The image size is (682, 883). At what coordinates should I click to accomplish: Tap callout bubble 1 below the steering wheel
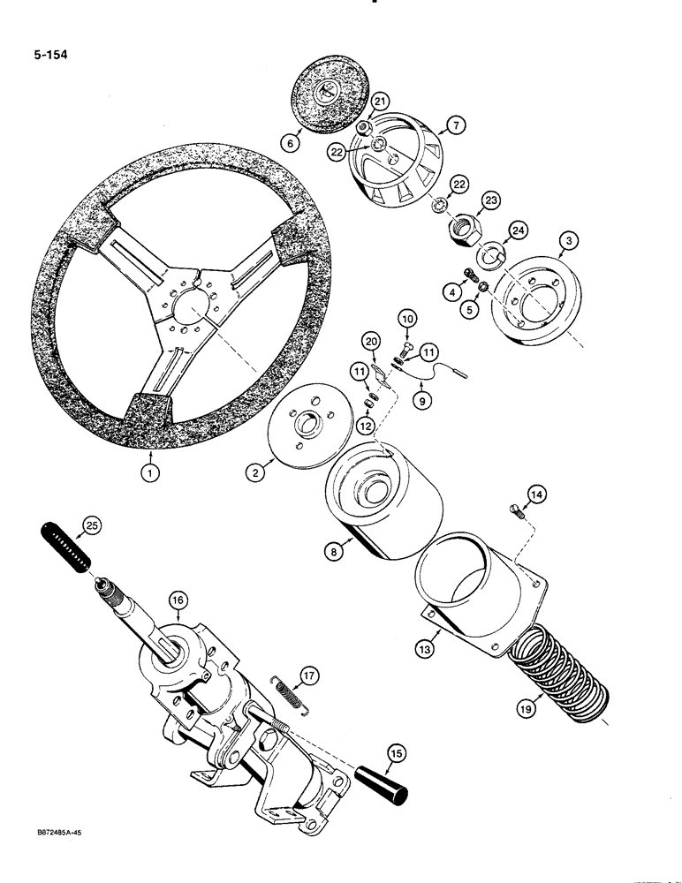(x=152, y=472)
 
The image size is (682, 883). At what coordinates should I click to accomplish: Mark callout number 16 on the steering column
(x=178, y=600)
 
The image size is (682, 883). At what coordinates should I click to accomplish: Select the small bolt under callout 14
(x=518, y=509)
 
